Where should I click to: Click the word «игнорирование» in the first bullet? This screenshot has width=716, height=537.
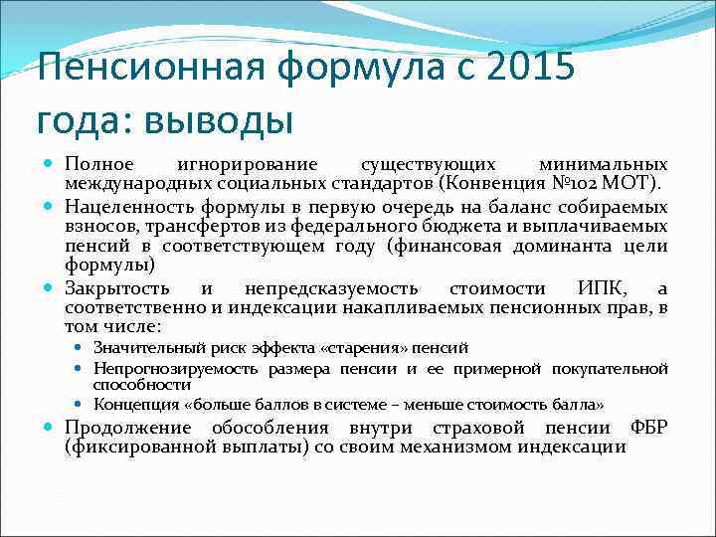tap(246, 164)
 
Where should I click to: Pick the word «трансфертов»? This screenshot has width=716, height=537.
tap(175, 227)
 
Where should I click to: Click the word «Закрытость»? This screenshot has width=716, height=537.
tap(113, 289)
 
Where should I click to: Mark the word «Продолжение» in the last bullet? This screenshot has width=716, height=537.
tap(127, 428)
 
